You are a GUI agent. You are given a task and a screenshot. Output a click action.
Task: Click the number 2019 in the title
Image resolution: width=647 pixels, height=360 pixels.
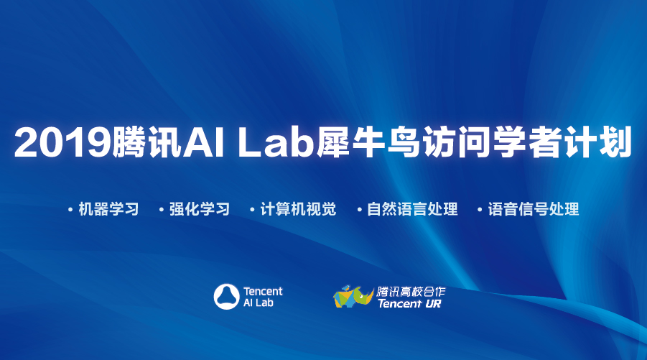pos(62,142)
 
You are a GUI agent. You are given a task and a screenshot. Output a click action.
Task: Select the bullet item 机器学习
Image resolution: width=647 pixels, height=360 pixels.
pos(108,209)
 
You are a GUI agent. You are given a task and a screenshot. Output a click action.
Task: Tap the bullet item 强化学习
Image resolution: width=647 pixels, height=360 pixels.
pos(200,209)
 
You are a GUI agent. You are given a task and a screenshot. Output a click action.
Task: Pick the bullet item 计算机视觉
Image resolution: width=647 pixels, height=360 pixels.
pos(298,209)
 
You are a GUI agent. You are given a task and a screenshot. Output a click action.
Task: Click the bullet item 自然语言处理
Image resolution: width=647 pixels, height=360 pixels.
pos(412,209)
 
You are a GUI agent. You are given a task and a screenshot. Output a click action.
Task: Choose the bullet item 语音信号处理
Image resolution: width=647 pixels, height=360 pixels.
pos(533,209)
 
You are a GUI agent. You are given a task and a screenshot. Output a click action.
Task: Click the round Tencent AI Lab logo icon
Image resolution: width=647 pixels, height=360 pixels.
pos(226,297)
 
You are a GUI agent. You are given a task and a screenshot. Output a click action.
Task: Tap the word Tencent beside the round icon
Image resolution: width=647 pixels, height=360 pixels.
pos(263,292)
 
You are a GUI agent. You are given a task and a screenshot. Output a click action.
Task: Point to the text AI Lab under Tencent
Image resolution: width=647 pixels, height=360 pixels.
pos(259,303)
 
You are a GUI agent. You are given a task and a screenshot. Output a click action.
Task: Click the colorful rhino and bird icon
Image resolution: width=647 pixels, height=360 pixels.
pos(353,297)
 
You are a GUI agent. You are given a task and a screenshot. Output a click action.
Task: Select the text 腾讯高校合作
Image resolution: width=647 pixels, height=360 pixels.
pos(411,292)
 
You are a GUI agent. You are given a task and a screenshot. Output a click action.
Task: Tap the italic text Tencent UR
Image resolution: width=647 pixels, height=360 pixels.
pos(409,304)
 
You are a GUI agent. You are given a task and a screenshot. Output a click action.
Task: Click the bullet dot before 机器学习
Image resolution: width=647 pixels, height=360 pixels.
pos(70,210)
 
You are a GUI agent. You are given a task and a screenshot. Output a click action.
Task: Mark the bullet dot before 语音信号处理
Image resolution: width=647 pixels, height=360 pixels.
pos(480,210)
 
